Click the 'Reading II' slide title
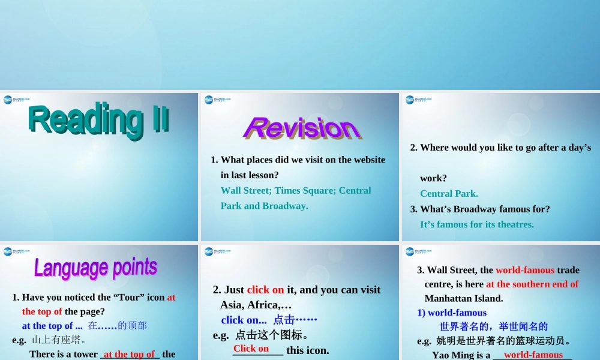99,119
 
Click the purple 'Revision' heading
302,128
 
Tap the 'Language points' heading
95,268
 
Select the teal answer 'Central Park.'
449,193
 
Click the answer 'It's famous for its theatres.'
476,224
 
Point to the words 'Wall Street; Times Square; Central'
296,190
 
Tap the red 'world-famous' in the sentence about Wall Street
525,269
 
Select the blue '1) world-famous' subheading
452,313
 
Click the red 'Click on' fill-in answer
251,349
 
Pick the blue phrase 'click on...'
244,320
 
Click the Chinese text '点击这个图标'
272,335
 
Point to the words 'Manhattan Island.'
464,298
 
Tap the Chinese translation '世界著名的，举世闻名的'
493,326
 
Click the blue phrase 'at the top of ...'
52,325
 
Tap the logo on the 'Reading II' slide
16,100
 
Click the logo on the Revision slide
217,100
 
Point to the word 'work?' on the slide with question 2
433,178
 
